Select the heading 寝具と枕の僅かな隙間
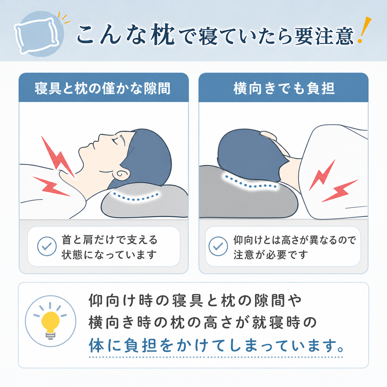103,88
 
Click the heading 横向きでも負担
284,88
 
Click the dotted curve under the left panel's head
136,197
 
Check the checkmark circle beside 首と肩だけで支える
47,246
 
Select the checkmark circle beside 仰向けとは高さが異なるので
218,246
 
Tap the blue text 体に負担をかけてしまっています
216,345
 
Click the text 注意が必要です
271,255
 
